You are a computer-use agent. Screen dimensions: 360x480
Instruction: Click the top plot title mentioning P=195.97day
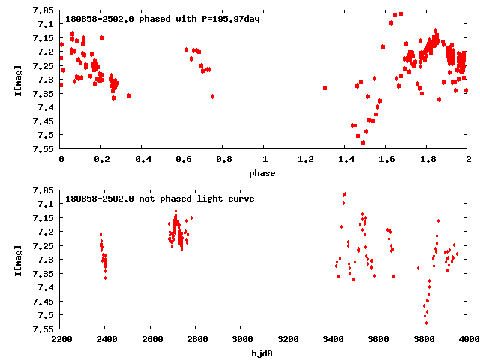(163, 19)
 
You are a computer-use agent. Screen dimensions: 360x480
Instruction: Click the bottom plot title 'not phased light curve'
(160, 199)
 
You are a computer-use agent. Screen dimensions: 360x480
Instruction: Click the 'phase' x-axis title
(263, 173)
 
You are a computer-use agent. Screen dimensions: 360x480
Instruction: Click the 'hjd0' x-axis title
(263, 353)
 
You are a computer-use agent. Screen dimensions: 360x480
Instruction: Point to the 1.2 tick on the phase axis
(305, 160)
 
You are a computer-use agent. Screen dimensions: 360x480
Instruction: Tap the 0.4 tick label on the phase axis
(142, 160)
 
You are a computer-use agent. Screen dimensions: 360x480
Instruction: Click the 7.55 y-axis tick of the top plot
(43, 148)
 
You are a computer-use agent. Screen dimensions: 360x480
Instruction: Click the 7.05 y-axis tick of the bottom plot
(43, 190)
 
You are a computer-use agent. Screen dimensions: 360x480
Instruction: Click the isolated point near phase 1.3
(325, 88)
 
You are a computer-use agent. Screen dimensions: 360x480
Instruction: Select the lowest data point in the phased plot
(363, 142)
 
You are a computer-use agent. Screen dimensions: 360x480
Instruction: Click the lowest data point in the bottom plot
(425, 323)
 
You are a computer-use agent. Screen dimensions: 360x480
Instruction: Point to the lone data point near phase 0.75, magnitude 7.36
(213, 96)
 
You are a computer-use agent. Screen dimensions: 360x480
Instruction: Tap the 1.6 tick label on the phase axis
(386, 160)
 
